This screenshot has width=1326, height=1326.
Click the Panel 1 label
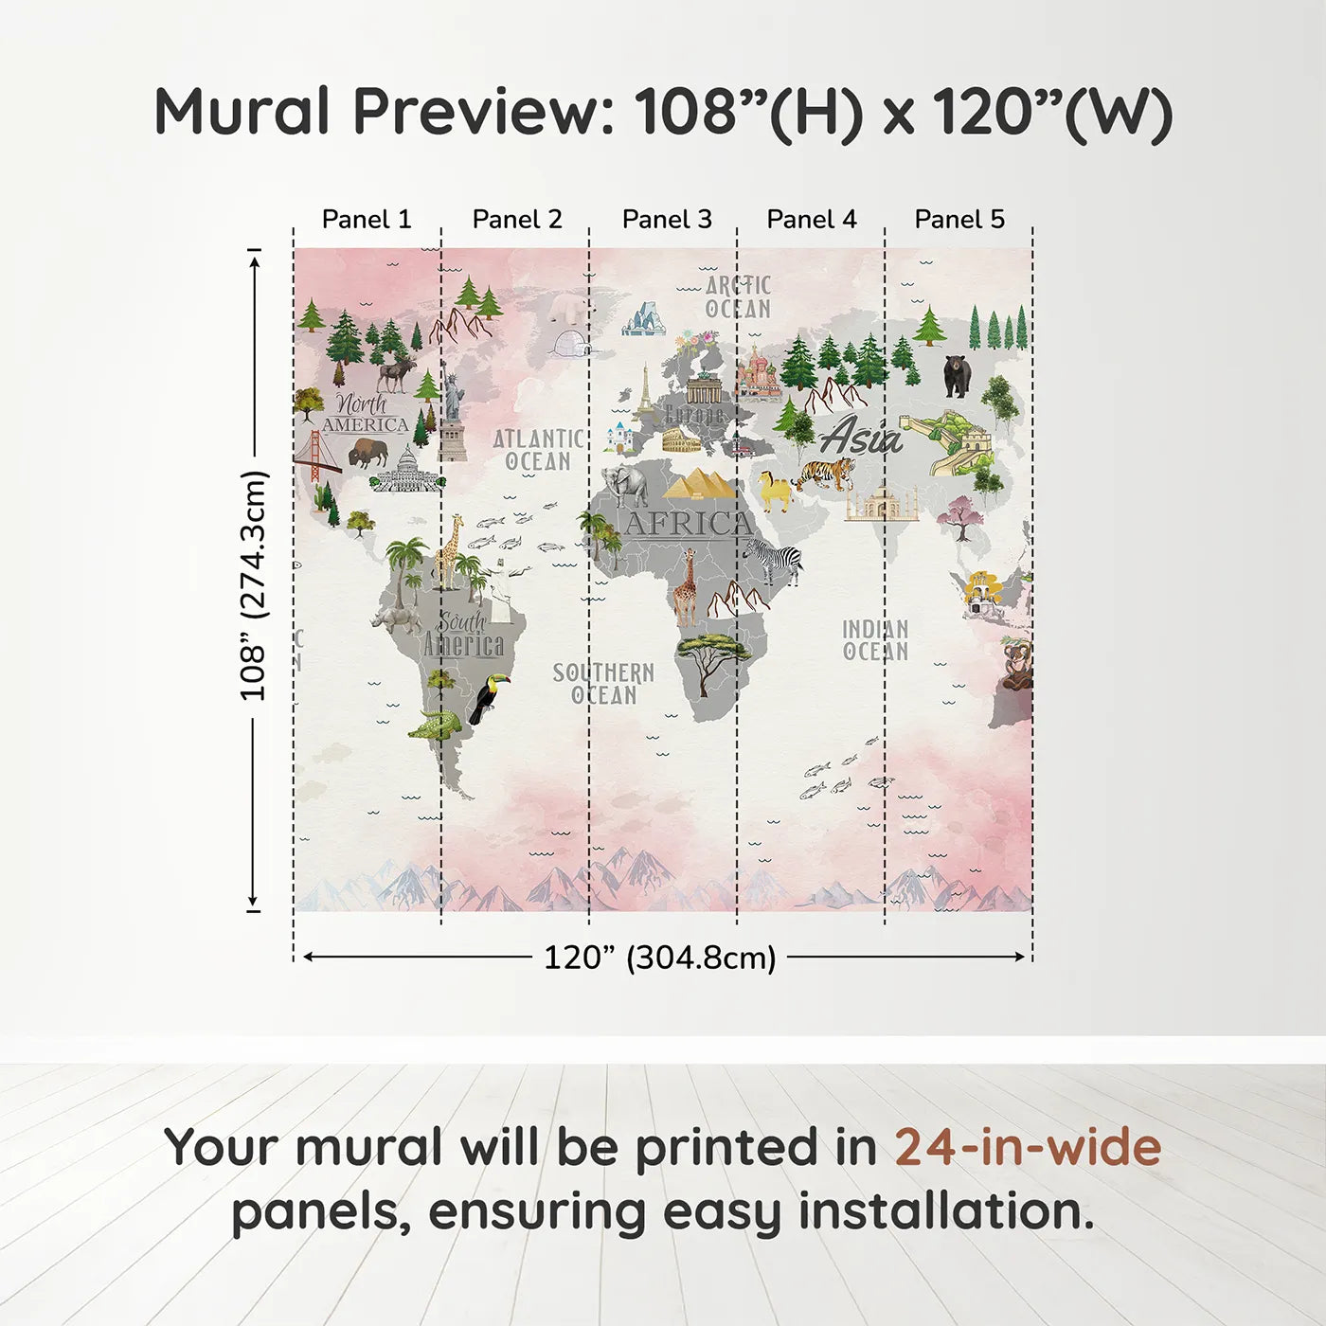367,220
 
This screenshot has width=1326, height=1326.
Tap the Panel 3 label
667,220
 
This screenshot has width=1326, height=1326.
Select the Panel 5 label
959,220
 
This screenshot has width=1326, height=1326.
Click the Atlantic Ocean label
538,450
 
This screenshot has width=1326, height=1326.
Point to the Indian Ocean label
875,640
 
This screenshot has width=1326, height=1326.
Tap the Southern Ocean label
603,684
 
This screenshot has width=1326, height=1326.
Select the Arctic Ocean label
738,297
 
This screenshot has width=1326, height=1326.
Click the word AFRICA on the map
689,524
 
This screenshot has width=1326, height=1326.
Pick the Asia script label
861,437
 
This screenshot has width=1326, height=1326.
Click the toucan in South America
489,698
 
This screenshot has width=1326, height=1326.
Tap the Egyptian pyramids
699,484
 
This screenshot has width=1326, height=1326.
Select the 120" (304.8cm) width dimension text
659,958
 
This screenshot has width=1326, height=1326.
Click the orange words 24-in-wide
1028,1147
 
